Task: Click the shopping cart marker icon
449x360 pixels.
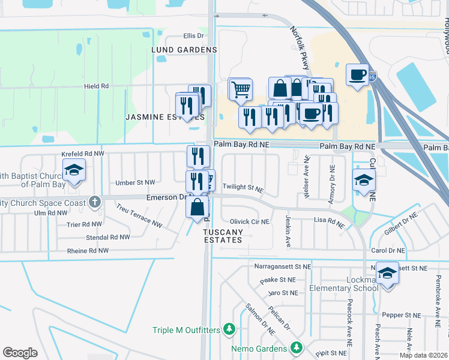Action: (241, 89)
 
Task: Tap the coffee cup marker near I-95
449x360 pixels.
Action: (358, 75)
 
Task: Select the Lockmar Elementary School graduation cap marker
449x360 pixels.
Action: (388, 274)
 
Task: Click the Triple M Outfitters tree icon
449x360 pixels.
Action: (228, 329)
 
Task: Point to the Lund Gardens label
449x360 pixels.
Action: (184, 49)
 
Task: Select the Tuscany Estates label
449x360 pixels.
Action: (223, 236)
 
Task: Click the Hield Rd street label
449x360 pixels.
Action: (96, 86)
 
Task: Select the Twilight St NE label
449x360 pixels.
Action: (243, 188)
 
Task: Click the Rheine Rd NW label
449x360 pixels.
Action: (88, 251)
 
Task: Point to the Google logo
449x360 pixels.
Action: (20, 353)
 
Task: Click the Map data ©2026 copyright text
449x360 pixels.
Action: (423, 355)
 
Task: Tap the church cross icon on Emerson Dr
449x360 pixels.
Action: (95, 202)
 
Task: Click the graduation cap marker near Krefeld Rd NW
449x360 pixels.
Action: (74, 170)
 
